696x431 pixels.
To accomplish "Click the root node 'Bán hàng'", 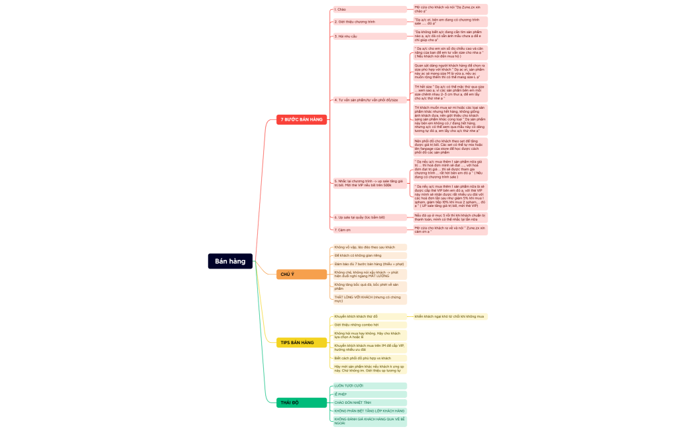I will pyautogui.click(x=230, y=261).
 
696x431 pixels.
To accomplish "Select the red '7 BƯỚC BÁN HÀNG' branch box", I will pyautogui.click(x=302, y=119).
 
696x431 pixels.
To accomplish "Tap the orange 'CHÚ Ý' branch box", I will pyautogui.click(x=302, y=274).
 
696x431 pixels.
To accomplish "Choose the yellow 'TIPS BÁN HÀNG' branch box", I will pyautogui.click(x=302, y=343).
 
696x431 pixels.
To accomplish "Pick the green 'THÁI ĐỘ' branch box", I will pyautogui.click(x=302, y=402).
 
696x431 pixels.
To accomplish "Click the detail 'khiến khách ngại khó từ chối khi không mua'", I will pyautogui.click(x=449, y=316).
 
